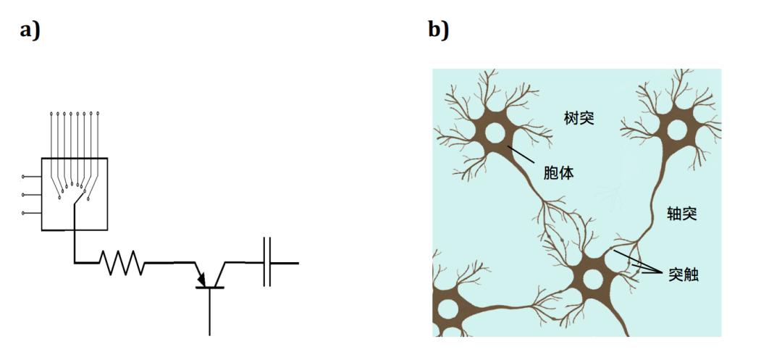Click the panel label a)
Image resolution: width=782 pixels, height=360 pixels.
click(30, 30)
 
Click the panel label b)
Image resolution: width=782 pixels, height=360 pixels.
click(438, 29)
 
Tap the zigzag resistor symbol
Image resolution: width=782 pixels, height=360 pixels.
click(122, 262)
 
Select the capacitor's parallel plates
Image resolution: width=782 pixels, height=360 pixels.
click(267, 262)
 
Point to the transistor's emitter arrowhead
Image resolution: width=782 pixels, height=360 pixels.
click(201, 279)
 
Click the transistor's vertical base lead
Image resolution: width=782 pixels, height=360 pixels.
click(209, 311)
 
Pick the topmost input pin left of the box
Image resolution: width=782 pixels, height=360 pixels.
click(31, 177)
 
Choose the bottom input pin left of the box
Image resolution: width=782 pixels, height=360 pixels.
click(31, 213)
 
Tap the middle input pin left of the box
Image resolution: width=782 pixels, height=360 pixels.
click(31, 194)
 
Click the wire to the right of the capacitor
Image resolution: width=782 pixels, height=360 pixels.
click(285, 263)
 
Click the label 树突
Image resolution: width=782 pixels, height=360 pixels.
click(579, 119)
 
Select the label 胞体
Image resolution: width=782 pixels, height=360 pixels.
click(559, 174)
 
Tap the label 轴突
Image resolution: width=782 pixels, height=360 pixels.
click(682, 214)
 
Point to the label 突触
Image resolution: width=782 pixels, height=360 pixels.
click(684, 275)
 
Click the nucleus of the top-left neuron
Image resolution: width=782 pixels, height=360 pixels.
click(495, 133)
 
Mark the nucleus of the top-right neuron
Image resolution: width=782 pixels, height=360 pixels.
click(676, 130)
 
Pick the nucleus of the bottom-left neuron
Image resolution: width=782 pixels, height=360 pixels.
click(447, 309)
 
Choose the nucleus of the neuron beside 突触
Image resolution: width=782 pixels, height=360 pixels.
click(592, 279)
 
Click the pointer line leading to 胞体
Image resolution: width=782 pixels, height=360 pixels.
click(521, 154)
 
